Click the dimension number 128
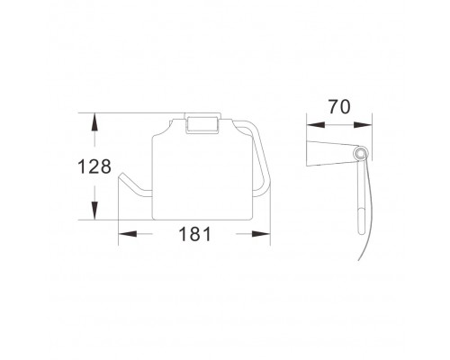94,166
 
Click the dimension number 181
194,234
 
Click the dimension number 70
339,107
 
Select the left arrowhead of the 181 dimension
128,234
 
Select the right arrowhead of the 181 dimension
261,234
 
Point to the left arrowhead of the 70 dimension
316,125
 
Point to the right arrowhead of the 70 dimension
363,125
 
